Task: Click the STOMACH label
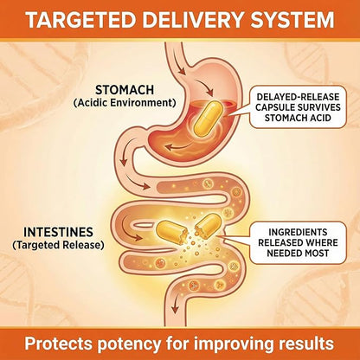pyautogui.click(x=125, y=90)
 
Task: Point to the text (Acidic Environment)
pyautogui.click(x=125, y=103)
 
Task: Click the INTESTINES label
pyautogui.click(x=58, y=232)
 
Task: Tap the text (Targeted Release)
pyautogui.click(x=58, y=245)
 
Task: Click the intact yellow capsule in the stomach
pyautogui.click(x=207, y=119)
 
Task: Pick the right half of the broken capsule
pyautogui.click(x=208, y=226)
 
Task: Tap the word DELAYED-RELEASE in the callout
pyautogui.click(x=298, y=97)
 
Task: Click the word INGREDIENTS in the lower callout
pyautogui.click(x=298, y=232)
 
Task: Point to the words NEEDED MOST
pyautogui.click(x=298, y=253)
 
